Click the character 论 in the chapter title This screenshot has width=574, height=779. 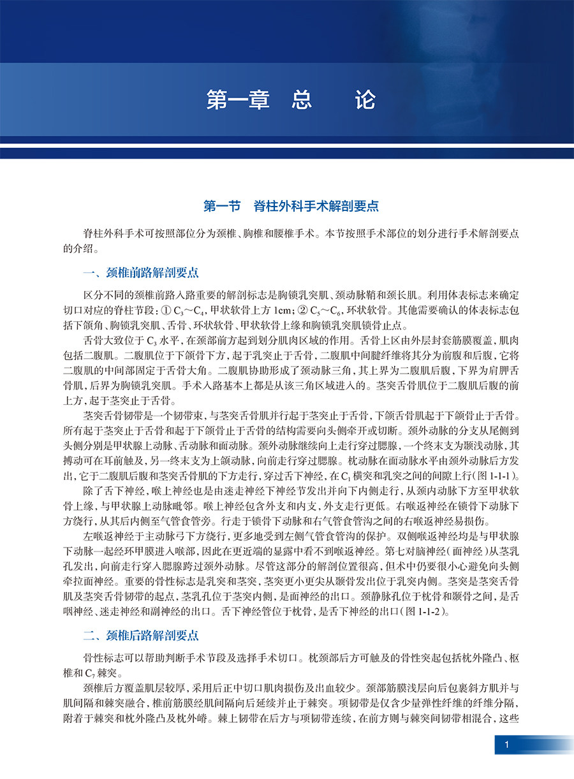click(365, 101)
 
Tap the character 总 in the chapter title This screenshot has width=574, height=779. click(302, 101)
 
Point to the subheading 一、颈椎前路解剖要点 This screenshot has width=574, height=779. click(141, 273)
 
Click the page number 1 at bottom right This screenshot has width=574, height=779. click(506, 745)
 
